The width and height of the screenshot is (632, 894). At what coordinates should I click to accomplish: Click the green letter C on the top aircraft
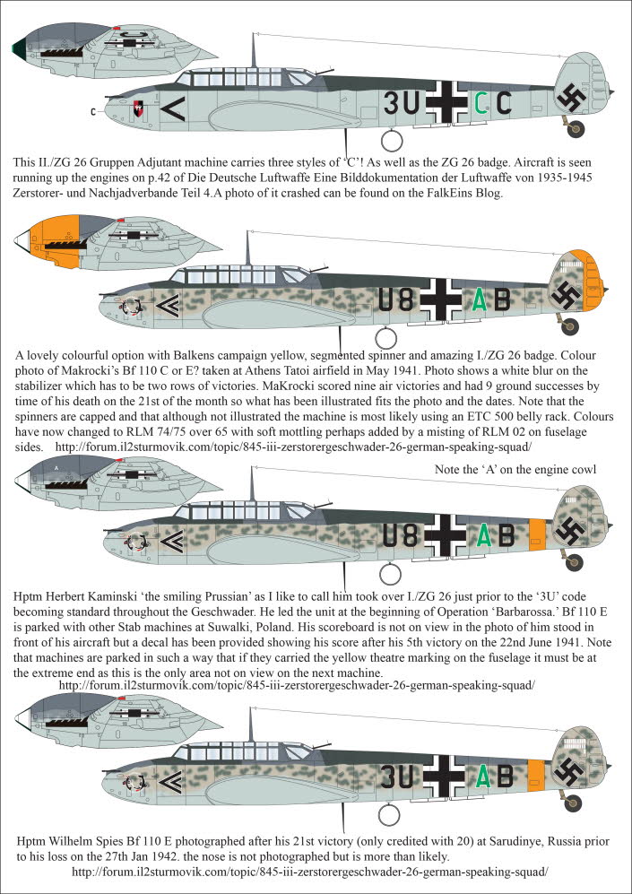tap(480, 105)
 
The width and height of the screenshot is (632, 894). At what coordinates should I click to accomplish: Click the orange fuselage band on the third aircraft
tap(537, 534)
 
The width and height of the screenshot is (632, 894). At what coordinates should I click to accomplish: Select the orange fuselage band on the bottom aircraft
tap(537, 774)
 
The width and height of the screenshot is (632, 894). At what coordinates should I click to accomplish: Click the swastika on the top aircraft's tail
tap(569, 98)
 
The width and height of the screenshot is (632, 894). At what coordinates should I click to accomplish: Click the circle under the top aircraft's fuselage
tap(391, 139)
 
